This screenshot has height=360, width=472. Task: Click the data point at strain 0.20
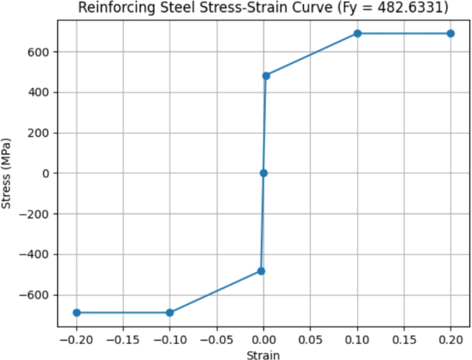click(x=451, y=33)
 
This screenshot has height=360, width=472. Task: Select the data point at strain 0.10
click(x=358, y=33)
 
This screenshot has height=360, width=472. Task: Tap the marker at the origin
click(x=263, y=173)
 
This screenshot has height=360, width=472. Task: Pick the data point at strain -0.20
click(x=76, y=312)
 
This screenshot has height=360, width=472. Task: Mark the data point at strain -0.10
click(x=170, y=312)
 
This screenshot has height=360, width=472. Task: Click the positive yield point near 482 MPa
click(x=266, y=75)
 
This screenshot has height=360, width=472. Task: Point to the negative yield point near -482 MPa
click(x=261, y=271)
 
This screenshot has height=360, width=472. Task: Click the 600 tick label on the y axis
click(x=43, y=52)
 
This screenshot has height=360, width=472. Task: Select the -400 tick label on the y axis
click(x=39, y=254)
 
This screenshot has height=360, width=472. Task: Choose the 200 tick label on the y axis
click(x=43, y=132)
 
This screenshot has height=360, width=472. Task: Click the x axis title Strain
click(x=263, y=354)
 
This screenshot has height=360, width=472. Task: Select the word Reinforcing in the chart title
click(x=112, y=8)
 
